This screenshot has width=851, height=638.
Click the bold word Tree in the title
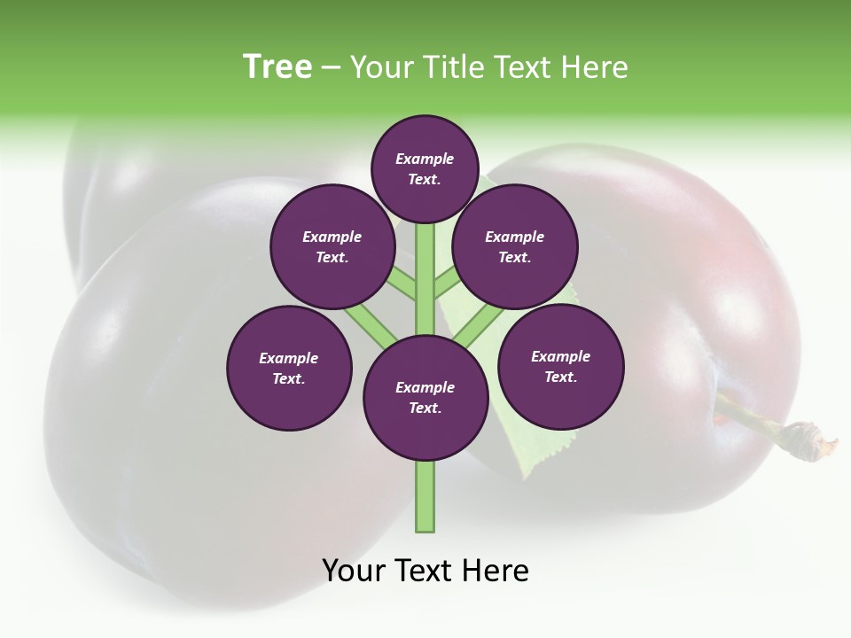[277, 66]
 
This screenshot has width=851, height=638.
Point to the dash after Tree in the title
[331, 68]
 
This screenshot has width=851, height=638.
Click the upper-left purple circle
[332, 246]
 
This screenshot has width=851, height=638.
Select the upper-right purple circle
[515, 246]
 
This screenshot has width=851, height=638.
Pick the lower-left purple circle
[289, 368]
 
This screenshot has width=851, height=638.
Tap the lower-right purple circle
[561, 366]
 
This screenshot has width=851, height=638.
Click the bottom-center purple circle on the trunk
[425, 397]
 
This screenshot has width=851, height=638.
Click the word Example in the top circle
[425, 159]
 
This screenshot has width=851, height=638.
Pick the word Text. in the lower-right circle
[560, 377]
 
